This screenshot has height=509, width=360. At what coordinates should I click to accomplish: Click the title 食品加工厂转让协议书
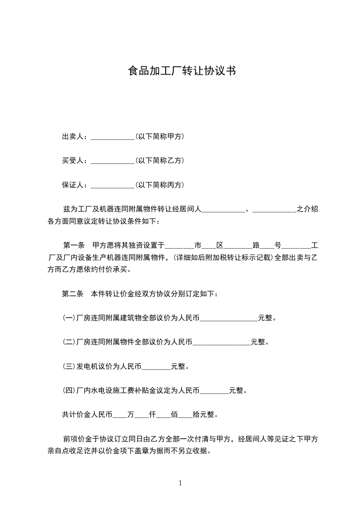click(x=182, y=71)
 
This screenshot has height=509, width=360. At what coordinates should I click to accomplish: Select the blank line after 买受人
click(x=112, y=161)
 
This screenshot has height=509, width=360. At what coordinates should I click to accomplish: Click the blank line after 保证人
click(x=112, y=185)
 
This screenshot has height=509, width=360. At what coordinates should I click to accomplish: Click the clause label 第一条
click(x=74, y=246)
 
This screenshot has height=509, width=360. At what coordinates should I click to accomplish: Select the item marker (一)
click(x=69, y=318)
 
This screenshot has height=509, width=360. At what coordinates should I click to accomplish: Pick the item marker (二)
click(x=69, y=342)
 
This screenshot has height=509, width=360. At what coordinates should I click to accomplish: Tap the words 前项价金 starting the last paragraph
click(x=77, y=439)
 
